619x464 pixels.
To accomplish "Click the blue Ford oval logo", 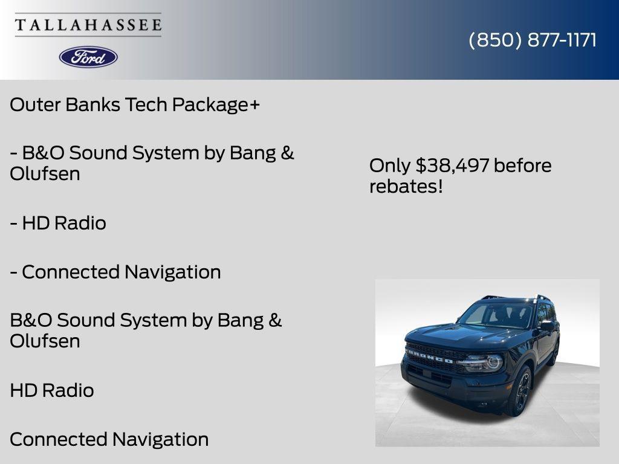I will [88, 57].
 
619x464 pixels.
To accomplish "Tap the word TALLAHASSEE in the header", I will [88, 25].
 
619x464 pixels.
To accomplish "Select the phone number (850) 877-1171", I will [533, 40].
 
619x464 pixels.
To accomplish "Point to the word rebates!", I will [406, 187].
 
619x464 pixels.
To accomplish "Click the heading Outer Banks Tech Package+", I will [135, 105].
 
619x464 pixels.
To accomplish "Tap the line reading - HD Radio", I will [58, 224].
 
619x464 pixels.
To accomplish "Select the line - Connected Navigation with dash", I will [115, 272].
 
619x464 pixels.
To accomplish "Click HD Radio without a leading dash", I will [52, 391].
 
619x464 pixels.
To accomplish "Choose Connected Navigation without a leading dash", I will [109, 439].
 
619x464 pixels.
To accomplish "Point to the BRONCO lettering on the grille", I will [429, 356].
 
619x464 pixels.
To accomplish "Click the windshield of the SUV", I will [496, 315].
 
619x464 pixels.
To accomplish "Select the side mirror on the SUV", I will [547, 326].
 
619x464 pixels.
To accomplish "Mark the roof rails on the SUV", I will [542, 298].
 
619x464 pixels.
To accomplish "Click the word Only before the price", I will [391, 166].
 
